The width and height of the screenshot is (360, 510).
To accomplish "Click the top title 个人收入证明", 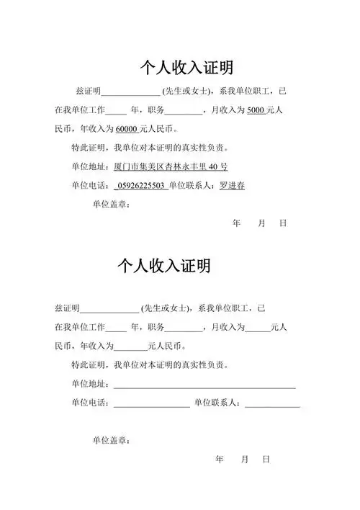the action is (186, 68).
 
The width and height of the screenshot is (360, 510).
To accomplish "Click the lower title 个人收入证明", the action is (163, 266).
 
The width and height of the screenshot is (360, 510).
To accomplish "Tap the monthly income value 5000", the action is (256, 111).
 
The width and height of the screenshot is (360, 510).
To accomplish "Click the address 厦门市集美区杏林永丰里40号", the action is (171, 166).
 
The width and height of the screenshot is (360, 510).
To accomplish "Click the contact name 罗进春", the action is (231, 185).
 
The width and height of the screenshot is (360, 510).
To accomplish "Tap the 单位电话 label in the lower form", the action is (91, 403).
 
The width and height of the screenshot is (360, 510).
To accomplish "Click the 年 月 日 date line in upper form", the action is (260, 223).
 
